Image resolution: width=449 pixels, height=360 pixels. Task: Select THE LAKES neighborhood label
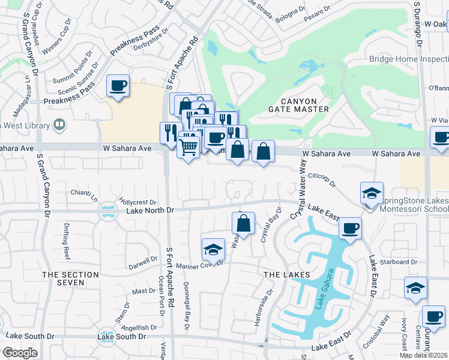[x=287, y=274]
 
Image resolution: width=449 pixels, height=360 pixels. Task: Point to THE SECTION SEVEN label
[x=71, y=278]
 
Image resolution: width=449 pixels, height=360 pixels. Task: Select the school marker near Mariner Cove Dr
[x=212, y=249]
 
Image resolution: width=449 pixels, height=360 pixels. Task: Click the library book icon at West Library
[x=59, y=125]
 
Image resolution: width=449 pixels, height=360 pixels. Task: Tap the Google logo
[x=20, y=353]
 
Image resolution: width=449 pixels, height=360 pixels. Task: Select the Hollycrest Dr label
[x=137, y=202]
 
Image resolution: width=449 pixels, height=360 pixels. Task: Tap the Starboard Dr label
[x=402, y=262]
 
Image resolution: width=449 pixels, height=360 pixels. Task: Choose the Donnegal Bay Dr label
[x=187, y=306]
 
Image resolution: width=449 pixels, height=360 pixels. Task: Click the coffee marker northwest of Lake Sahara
[x=349, y=228]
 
